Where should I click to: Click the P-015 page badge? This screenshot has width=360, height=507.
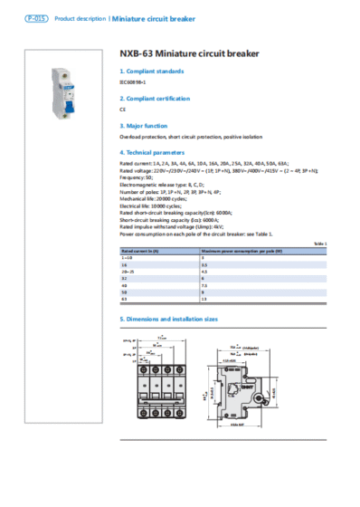[35, 18]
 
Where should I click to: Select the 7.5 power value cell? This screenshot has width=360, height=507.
[204, 283]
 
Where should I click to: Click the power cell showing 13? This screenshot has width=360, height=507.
[204, 298]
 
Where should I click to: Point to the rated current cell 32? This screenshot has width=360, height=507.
[125, 277]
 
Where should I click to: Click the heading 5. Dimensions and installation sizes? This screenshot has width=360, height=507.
[170, 320]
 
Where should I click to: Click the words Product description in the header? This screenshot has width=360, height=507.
[81, 18]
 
